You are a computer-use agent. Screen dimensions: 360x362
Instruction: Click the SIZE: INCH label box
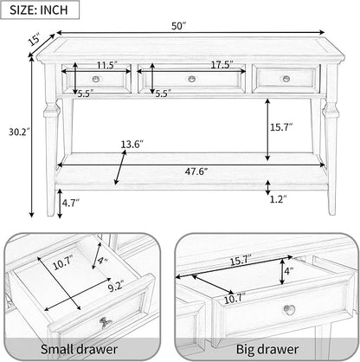[x=40, y=10]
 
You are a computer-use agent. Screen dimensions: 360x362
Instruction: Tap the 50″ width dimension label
[x=177, y=26]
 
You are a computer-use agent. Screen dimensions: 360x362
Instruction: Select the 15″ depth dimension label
[x=35, y=40]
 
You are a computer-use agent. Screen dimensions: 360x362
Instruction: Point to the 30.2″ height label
[x=19, y=133]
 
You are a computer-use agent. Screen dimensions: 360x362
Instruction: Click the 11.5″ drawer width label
[x=106, y=65]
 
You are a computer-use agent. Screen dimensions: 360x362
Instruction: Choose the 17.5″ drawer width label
[x=222, y=65]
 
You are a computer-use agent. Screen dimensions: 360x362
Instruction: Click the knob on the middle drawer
[x=192, y=79]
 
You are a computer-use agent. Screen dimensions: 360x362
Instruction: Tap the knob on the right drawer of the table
[x=286, y=78]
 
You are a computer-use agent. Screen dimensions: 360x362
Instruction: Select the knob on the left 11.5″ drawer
[x=96, y=79]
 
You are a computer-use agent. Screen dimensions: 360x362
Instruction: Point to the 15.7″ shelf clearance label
[x=281, y=127]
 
